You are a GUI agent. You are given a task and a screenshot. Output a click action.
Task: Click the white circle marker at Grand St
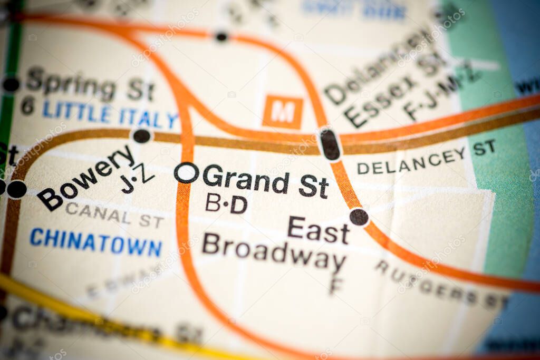[x=186, y=172]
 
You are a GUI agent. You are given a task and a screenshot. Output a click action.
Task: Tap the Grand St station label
[x=265, y=183]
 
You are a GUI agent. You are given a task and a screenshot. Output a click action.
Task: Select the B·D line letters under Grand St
[x=226, y=203]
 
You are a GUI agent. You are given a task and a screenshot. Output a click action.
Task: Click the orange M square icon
[x=283, y=112]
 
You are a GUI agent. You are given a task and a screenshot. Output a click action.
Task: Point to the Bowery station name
[x=85, y=178]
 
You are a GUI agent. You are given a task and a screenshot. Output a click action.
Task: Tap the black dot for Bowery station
[x=141, y=136]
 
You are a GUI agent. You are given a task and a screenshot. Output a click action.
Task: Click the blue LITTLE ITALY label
[x=110, y=114]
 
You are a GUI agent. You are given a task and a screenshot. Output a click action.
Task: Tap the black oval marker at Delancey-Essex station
[x=330, y=145]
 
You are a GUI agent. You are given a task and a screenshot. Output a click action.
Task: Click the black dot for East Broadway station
[x=359, y=217]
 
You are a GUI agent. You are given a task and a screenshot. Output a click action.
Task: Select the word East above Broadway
[x=319, y=230]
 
